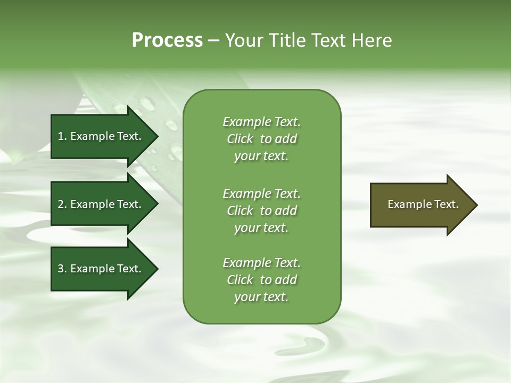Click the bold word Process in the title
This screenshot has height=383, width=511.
(167, 40)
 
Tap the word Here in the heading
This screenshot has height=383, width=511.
(372, 40)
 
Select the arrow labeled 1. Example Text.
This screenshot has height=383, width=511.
(100, 136)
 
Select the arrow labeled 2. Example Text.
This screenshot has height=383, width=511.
(100, 204)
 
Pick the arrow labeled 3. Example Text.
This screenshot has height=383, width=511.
(100, 269)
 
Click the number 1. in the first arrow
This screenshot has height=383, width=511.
(62, 136)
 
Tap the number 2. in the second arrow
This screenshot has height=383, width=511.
(62, 204)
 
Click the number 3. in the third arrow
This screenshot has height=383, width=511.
(62, 269)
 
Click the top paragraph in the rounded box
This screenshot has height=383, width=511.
(261, 139)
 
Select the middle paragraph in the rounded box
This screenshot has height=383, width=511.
(261, 210)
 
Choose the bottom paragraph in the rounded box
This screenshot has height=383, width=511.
(261, 280)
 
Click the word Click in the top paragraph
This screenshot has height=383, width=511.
(240, 139)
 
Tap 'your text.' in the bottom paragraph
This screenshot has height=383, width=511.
(261, 297)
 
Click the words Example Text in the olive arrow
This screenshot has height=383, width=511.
(423, 204)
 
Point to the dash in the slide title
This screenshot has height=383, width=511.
(214, 40)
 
